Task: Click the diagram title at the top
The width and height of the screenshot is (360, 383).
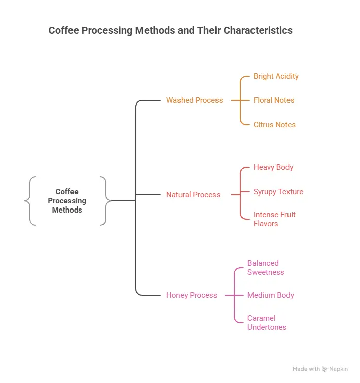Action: [x=170, y=30]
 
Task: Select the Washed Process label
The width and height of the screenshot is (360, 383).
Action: [x=194, y=100]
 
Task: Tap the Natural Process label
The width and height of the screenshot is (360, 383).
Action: [x=193, y=195]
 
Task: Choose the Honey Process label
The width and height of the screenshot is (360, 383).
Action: [x=192, y=295]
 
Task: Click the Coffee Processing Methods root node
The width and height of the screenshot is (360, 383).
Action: [x=67, y=200]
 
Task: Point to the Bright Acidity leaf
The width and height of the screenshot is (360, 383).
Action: [x=276, y=76]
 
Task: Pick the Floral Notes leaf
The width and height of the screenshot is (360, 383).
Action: [x=274, y=100]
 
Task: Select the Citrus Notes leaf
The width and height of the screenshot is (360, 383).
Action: [x=274, y=125]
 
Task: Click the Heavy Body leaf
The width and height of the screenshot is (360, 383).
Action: [x=273, y=167]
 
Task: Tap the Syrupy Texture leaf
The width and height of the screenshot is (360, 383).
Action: [x=278, y=192]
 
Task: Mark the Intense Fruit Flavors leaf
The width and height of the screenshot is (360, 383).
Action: [x=274, y=219]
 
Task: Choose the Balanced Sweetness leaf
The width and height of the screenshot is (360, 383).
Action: [x=266, y=268]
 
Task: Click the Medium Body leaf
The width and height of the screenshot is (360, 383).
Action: [x=271, y=295]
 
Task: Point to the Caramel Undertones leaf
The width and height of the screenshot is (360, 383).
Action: [x=267, y=323]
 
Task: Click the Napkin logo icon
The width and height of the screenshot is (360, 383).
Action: [x=325, y=369]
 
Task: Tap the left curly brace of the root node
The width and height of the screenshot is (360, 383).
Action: [x=30, y=201]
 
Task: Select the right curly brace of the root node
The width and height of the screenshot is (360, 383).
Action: [x=105, y=201]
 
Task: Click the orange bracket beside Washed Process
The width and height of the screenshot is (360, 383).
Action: [x=240, y=100]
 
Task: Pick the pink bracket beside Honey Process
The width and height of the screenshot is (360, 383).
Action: [x=234, y=295]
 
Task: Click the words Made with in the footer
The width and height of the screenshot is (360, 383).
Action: [x=306, y=369]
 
